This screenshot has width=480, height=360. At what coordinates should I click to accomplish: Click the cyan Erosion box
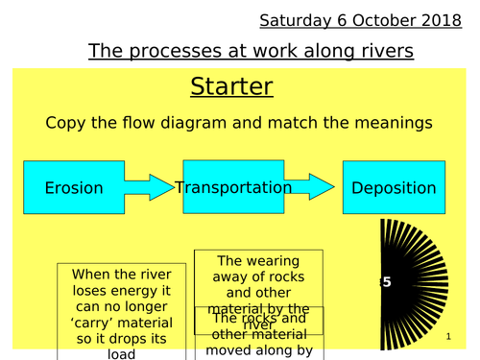click(x=74, y=188)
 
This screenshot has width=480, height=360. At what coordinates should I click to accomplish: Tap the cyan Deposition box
click(x=394, y=188)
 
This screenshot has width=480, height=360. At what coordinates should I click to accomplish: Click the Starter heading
click(x=231, y=87)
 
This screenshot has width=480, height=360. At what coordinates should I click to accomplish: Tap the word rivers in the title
click(x=384, y=52)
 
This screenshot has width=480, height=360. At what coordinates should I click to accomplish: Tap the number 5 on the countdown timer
click(x=387, y=282)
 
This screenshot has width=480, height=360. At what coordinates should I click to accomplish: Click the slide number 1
click(x=448, y=338)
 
